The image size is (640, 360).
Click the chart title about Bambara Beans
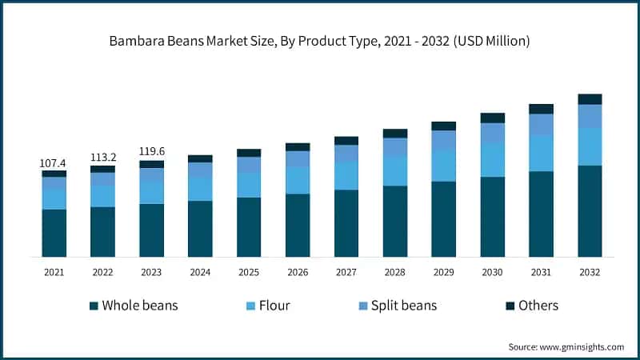tap(320, 39)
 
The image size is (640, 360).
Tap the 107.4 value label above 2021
tap(54, 162)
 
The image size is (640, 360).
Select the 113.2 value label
tap(102, 158)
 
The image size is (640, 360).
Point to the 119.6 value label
tap(151, 152)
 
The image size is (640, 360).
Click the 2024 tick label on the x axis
tap(200, 273)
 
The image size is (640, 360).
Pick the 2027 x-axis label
tap(346, 273)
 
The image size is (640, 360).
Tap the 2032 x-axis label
tap(590, 273)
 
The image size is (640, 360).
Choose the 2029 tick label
tap(443, 273)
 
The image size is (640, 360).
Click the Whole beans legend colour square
tap(94, 306)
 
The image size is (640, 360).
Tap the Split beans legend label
tap(404, 306)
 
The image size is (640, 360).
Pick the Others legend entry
tap(538, 306)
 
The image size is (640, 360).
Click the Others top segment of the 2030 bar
tap(492, 118)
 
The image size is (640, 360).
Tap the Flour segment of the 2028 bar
tap(395, 170)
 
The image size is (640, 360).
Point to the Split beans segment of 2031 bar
tap(541, 124)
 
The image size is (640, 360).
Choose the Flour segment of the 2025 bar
tap(249, 185)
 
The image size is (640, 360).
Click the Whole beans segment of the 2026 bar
tap(298, 225)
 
